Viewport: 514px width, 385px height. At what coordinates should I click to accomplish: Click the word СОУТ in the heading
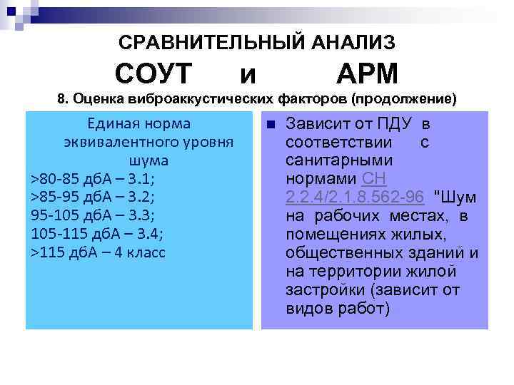153,73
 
